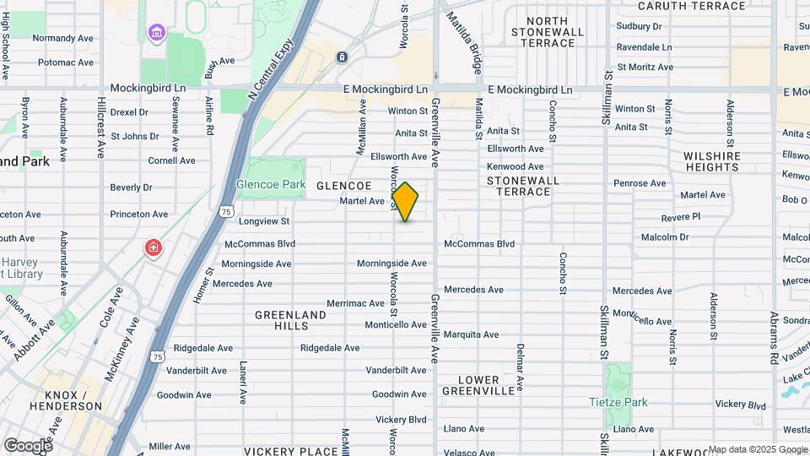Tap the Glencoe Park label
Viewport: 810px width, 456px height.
[270, 183]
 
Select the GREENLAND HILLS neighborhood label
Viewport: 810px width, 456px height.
[290, 320]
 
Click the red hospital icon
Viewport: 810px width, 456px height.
[153, 247]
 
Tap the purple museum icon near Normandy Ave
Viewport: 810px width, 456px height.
[156, 34]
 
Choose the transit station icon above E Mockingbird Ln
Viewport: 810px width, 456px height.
[342, 57]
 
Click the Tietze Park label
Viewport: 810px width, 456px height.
[618, 402]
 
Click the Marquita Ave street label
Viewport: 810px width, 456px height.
[473, 334]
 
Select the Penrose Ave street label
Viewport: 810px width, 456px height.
[640, 183]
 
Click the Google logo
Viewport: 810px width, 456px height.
[28, 445]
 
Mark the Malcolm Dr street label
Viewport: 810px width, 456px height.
[665, 237]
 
